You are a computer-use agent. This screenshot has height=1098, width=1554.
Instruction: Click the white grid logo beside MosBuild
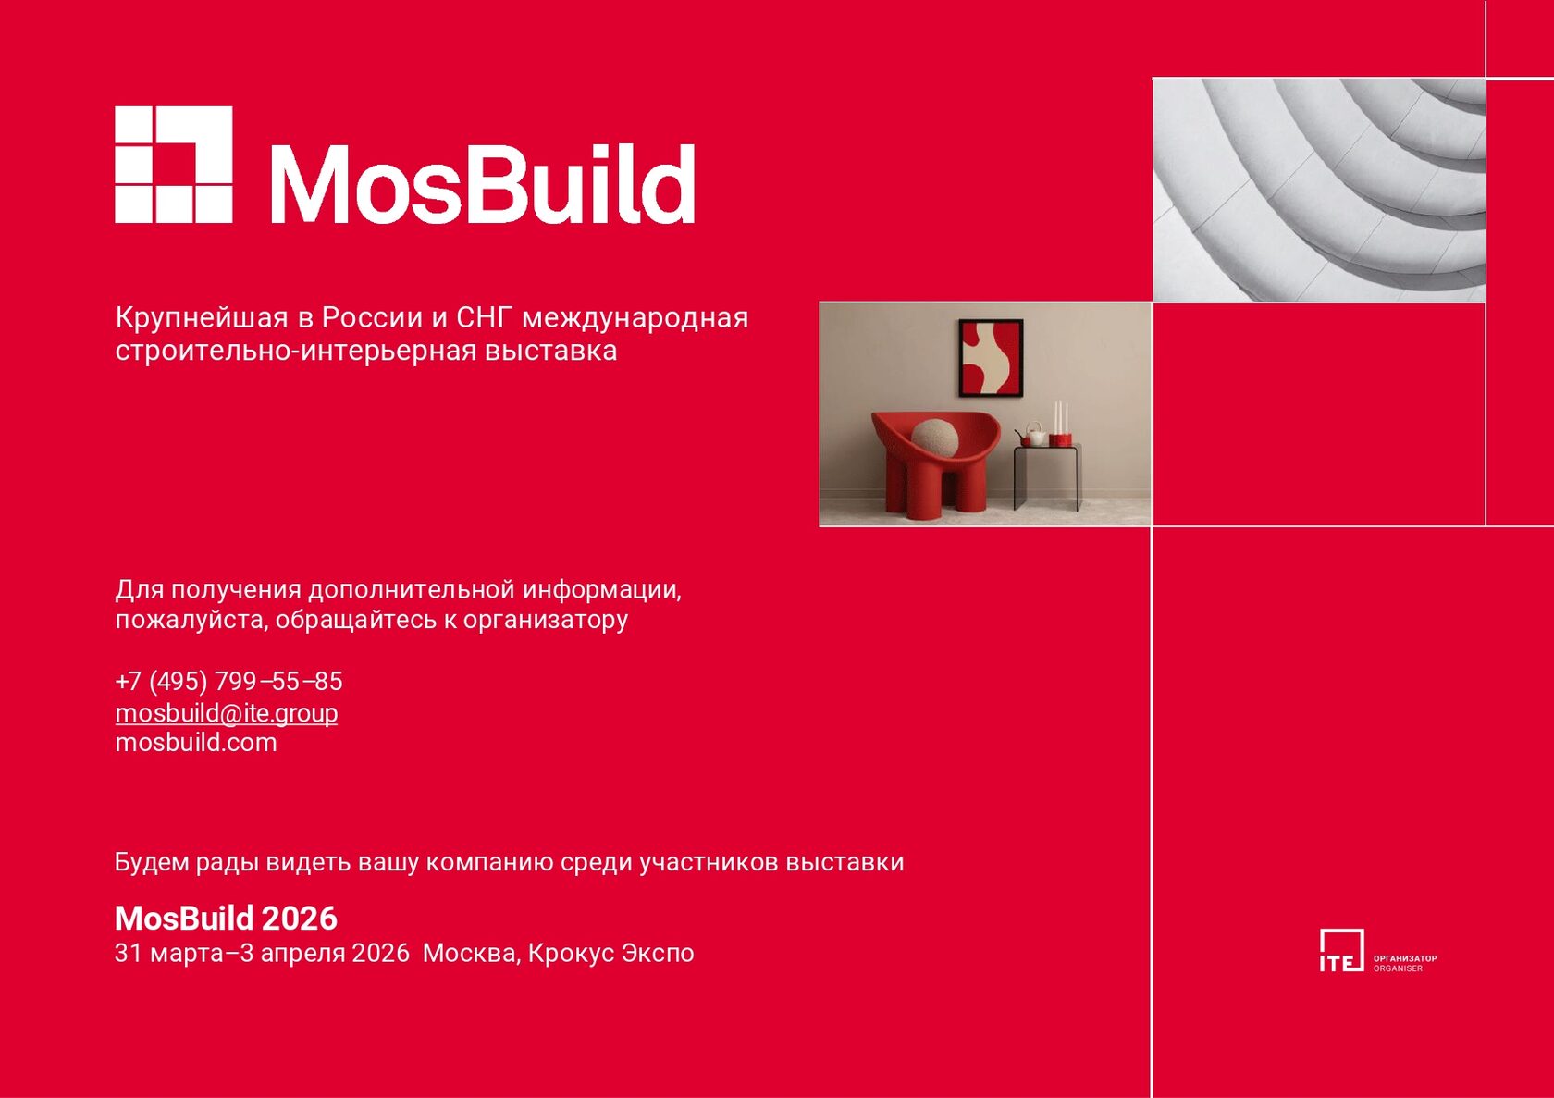(x=174, y=165)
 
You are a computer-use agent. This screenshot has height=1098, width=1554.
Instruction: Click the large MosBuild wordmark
(x=482, y=184)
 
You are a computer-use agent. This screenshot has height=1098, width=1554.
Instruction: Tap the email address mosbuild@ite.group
(x=226, y=713)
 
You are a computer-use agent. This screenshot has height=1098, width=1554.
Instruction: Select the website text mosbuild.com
(x=196, y=743)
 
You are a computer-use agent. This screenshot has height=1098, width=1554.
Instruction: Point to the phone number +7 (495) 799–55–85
(x=229, y=681)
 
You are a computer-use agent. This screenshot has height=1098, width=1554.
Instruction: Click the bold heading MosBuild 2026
(x=226, y=919)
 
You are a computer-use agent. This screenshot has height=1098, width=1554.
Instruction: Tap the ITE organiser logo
(x=1341, y=950)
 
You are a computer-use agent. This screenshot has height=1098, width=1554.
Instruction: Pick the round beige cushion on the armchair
(x=934, y=439)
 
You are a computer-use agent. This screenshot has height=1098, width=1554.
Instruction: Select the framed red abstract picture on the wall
(x=991, y=358)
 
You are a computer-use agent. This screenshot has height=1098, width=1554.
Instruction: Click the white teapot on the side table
(x=1035, y=434)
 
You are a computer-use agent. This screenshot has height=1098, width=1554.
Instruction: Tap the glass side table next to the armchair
(x=1047, y=477)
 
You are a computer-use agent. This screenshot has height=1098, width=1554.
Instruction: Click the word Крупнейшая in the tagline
(x=202, y=318)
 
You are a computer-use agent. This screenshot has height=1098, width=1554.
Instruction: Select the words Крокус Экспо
(x=611, y=953)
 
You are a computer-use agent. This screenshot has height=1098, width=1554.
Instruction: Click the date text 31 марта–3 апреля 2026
(x=263, y=953)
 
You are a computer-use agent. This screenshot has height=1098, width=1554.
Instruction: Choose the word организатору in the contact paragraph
(x=546, y=620)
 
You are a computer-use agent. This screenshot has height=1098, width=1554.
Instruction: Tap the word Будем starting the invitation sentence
(x=152, y=862)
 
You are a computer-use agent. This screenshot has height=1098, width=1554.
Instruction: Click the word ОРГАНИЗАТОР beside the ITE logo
(x=1406, y=958)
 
